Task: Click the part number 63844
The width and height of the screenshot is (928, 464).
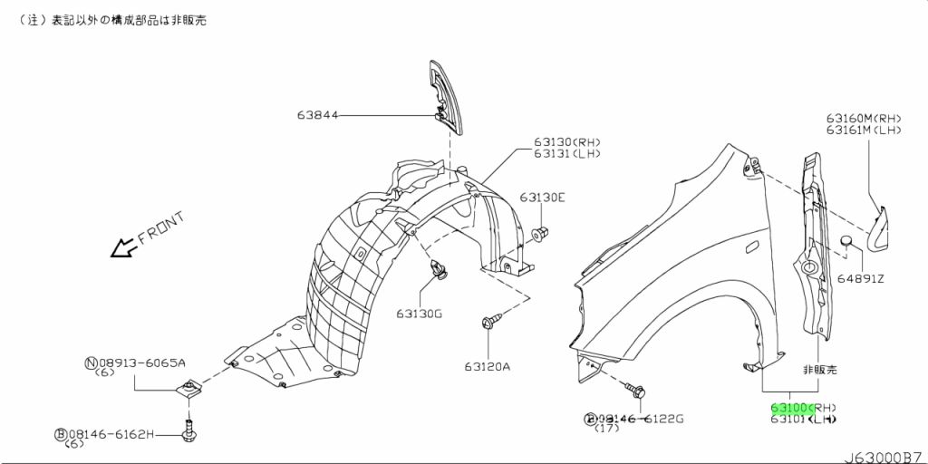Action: coord(317,115)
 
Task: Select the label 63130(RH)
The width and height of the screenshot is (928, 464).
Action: coord(567,142)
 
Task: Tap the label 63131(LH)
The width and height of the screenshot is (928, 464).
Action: coord(567,154)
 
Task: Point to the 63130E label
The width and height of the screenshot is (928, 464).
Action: coord(543,198)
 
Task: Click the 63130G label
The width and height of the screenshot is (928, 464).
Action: coord(420,314)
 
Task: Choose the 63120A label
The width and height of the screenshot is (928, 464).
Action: coord(487,367)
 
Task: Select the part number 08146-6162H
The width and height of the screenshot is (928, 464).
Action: coord(111,434)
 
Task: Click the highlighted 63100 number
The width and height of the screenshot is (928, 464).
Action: coord(789,408)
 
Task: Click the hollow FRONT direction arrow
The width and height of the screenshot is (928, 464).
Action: coord(123,247)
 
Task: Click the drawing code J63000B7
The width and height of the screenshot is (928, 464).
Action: coord(885,458)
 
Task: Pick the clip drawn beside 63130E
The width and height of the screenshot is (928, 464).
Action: coord(541,234)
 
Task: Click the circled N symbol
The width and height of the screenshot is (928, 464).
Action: coord(92,362)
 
